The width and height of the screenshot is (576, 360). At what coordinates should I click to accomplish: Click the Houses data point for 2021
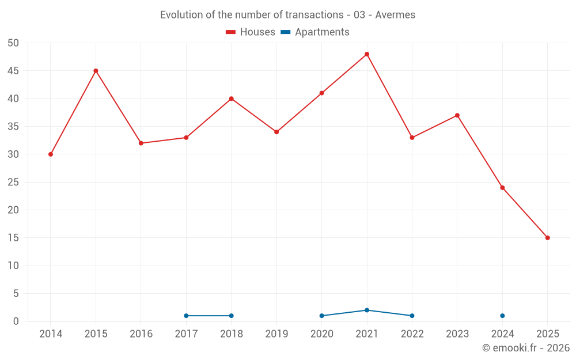[x=367, y=54]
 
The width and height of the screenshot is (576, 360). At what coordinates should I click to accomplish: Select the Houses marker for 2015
[x=96, y=71]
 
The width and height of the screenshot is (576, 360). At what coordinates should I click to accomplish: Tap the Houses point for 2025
[x=548, y=238]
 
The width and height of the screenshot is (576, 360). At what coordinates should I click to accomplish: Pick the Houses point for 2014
[x=51, y=154]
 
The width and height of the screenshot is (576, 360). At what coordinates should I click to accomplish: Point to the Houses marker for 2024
[x=502, y=188]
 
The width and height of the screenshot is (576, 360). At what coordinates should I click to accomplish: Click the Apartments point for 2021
[x=367, y=310]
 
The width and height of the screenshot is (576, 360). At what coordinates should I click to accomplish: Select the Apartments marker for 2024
[x=502, y=316]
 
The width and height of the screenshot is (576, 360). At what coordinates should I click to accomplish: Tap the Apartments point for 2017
[x=186, y=316]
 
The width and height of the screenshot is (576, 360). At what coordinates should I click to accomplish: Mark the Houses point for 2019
[x=276, y=132]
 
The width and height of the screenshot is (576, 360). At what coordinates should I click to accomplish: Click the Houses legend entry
[x=251, y=32]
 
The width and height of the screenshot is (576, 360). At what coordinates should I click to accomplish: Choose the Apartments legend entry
[x=315, y=32]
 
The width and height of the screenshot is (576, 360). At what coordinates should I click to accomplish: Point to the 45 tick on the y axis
[x=13, y=71]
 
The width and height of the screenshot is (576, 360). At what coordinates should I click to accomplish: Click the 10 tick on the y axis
[x=13, y=266]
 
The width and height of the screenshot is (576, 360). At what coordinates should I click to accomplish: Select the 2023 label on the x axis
[x=457, y=334]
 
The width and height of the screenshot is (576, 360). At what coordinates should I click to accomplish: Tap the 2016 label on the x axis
[x=141, y=334]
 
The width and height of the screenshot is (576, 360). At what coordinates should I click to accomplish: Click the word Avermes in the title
[x=395, y=15]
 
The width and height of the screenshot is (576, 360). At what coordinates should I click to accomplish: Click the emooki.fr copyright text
[x=526, y=348]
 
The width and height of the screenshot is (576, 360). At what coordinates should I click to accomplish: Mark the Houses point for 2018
[x=232, y=98]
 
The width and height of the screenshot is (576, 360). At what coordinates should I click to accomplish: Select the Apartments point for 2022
[x=412, y=316]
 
